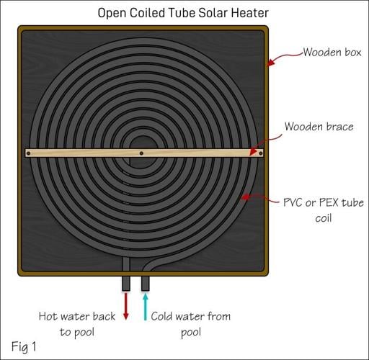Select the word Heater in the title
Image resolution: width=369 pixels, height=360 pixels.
[252, 13]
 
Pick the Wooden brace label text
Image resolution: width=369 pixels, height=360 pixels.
[319, 127]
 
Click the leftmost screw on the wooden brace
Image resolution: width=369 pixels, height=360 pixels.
[30, 153]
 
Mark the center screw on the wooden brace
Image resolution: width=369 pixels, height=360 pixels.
[142, 153]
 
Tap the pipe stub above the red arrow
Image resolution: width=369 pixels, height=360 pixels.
[127, 283]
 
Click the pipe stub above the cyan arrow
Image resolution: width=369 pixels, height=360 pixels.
[145, 283]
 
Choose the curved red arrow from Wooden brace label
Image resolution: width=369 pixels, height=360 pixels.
[267, 140]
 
